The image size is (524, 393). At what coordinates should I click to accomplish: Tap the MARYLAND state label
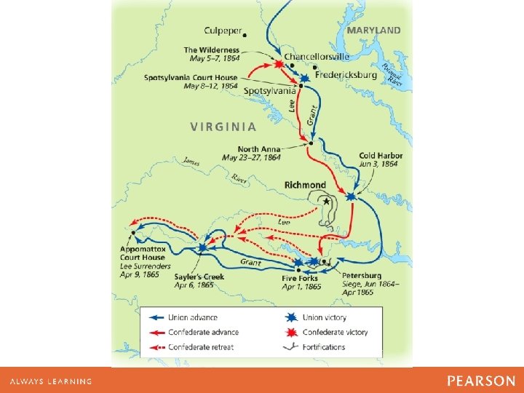tap(373, 30)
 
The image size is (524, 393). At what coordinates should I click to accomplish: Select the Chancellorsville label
tap(317, 56)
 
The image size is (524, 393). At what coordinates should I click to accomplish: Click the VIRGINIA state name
tap(223, 126)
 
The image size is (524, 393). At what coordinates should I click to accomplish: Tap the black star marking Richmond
tap(326, 200)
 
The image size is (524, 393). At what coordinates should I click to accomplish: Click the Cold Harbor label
tap(381, 156)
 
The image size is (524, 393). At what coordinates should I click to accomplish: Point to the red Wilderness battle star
tap(279, 64)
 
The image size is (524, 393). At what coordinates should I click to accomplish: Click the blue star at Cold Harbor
tap(352, 196)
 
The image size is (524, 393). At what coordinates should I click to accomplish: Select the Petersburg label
tap(361, 276)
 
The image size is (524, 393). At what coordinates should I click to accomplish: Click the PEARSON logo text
tap(481, 381)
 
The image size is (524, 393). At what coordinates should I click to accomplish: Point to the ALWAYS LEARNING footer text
tap(51, 381)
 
